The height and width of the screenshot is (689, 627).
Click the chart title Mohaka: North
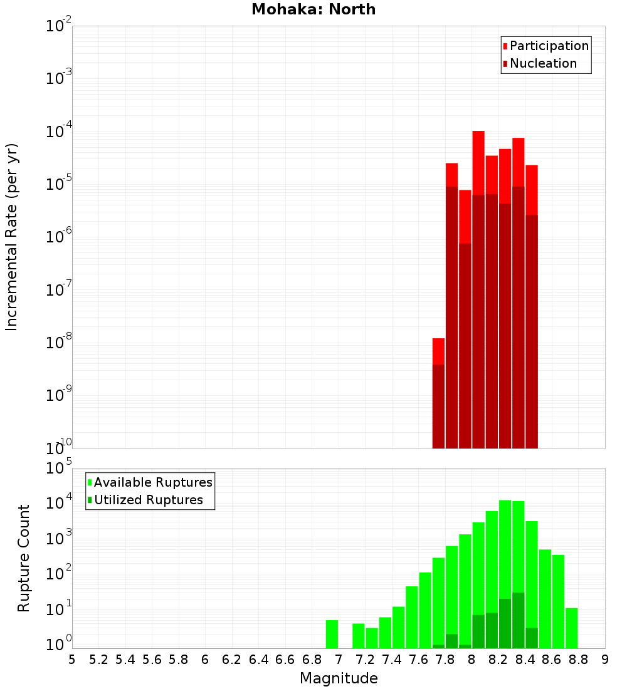tap(313, 9)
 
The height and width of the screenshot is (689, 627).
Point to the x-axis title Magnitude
tap(339, 678)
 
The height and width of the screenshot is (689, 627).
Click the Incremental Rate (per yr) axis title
tap(12, 237)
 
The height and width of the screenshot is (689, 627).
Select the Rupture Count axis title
tap(24, 558)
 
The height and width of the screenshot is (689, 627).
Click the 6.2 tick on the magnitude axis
tap(232, 660)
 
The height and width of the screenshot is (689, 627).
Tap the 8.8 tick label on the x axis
tap(578, 660)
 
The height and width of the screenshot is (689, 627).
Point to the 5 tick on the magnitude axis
tap(72, 660)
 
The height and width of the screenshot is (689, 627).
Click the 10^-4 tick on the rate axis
tap(59, 132)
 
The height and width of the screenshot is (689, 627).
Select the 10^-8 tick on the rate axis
tap(59, 343)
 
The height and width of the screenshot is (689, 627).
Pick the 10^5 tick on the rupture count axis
tap(59, 469)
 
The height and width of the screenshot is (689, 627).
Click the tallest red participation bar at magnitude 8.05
tap(478, 163)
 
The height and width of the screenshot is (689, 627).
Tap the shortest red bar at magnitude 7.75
tap(438, 351)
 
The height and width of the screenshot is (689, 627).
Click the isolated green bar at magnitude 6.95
tap(332, 634)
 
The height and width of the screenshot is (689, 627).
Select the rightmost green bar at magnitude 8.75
tap(571, 628)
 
